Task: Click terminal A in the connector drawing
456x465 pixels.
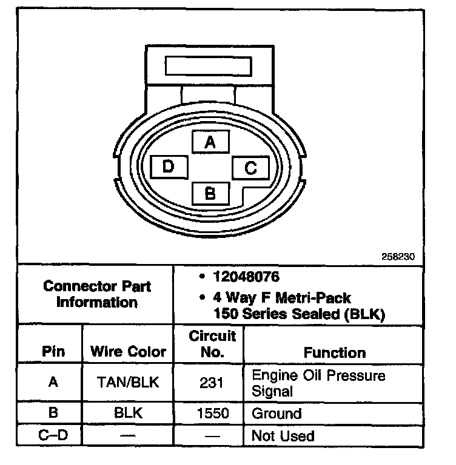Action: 210,142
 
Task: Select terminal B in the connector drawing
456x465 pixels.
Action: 210,194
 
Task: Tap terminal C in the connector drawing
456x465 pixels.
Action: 251,168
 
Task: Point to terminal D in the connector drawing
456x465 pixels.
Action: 169,167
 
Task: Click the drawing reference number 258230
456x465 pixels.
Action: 398,256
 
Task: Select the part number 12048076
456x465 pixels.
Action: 246,277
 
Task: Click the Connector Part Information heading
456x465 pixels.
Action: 97,294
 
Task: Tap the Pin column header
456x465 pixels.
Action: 53,352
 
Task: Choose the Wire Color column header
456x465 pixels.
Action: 128,352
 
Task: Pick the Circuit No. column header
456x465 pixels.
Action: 209,344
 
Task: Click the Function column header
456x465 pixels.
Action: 335,352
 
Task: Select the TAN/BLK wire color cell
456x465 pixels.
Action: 128,383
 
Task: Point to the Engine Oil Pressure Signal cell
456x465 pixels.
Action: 318,383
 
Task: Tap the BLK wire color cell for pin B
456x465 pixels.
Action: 128,414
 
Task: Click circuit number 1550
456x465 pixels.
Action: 209,414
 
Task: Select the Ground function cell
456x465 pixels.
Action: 277,414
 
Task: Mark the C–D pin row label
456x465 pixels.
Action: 53,436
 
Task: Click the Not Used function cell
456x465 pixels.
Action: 283,436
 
